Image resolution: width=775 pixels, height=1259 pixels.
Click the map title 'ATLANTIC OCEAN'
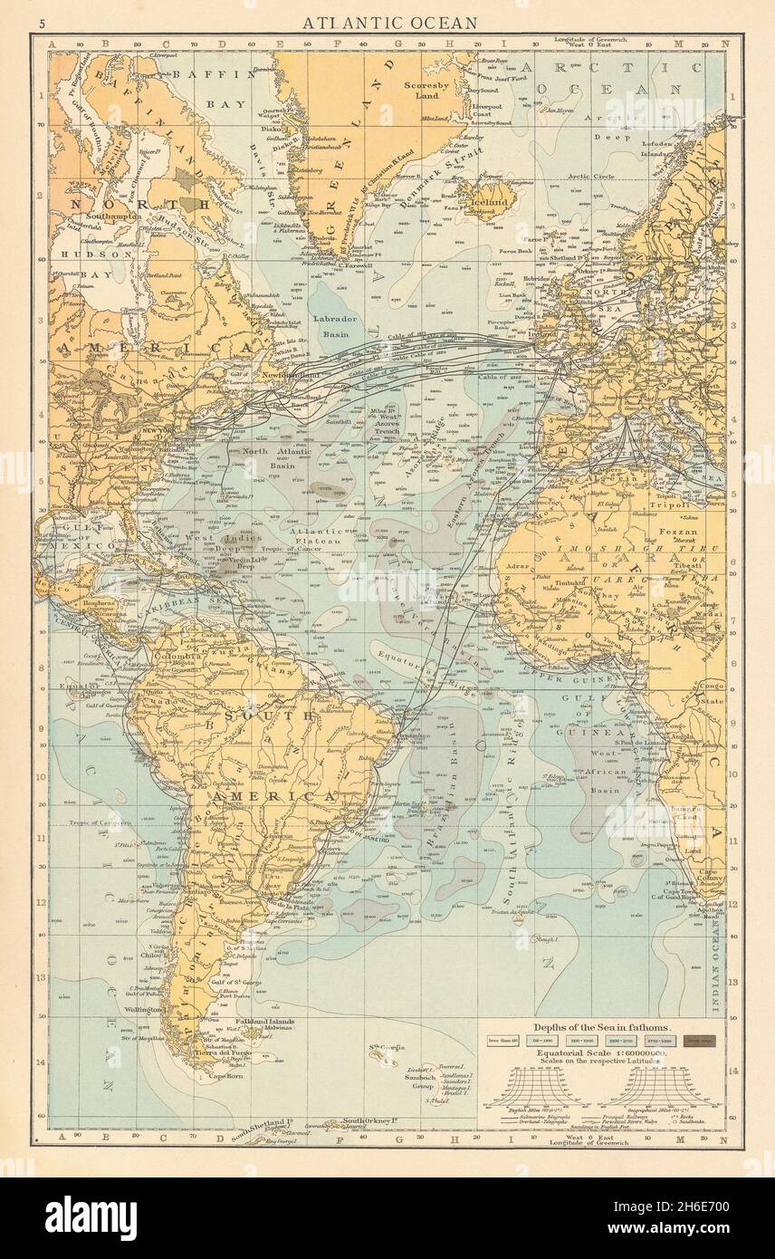coord(388,23)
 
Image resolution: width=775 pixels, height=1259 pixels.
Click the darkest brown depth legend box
coord(698,1042)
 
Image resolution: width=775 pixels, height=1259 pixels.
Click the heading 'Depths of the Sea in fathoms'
coord(600,1028)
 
